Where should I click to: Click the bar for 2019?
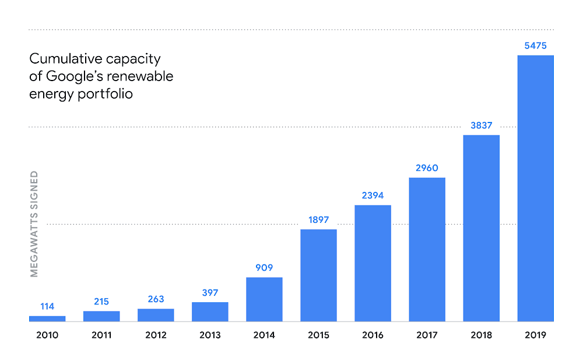(x=535, y=188)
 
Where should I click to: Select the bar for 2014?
(x=264, y=299)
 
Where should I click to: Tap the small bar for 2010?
(x=47, y=319)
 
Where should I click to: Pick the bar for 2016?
(x=373, y=263)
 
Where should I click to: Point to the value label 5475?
(x=535, y=46)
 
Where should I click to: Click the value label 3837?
(x=481, y=125)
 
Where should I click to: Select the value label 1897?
(x=318, y=220)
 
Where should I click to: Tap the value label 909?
(x=264, y=268)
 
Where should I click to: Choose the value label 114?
(x=47, y=306)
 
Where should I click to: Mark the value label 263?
(x=156, y=299)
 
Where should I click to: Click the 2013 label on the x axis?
(x=210, y=335)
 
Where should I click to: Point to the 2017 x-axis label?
(x=427, y=335)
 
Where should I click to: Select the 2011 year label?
(x=101, y=335)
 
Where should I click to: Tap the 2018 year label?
(x=481, y=335)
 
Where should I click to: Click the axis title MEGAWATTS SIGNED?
(x=34, y=223)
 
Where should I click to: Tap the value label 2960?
(x=427, y=168)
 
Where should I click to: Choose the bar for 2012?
(x=156, y=315)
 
